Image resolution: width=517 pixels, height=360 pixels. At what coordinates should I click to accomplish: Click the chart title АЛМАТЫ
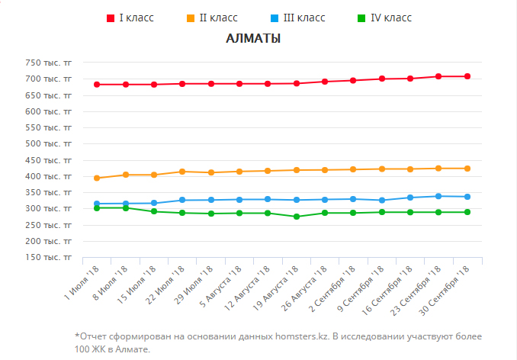pyautogui.click(x=253, y=39)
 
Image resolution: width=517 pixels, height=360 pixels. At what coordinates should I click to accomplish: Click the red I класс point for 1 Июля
pyautogui.click(x=97, y=85)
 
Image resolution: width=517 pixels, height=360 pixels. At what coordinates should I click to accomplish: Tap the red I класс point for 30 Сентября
pyautogui.click(x=467, y=76)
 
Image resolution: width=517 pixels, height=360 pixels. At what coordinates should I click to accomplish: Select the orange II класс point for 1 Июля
pyautogui.click(x=97, y=178)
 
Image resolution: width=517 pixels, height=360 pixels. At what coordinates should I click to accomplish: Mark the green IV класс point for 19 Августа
pyautogui.click(x=296, y=217)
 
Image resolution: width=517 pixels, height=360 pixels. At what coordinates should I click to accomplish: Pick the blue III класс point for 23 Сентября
pyautogui.click(x=438, y=196)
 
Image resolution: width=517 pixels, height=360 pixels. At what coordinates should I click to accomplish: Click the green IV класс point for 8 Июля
pyautogui.click(x=126, y=207)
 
